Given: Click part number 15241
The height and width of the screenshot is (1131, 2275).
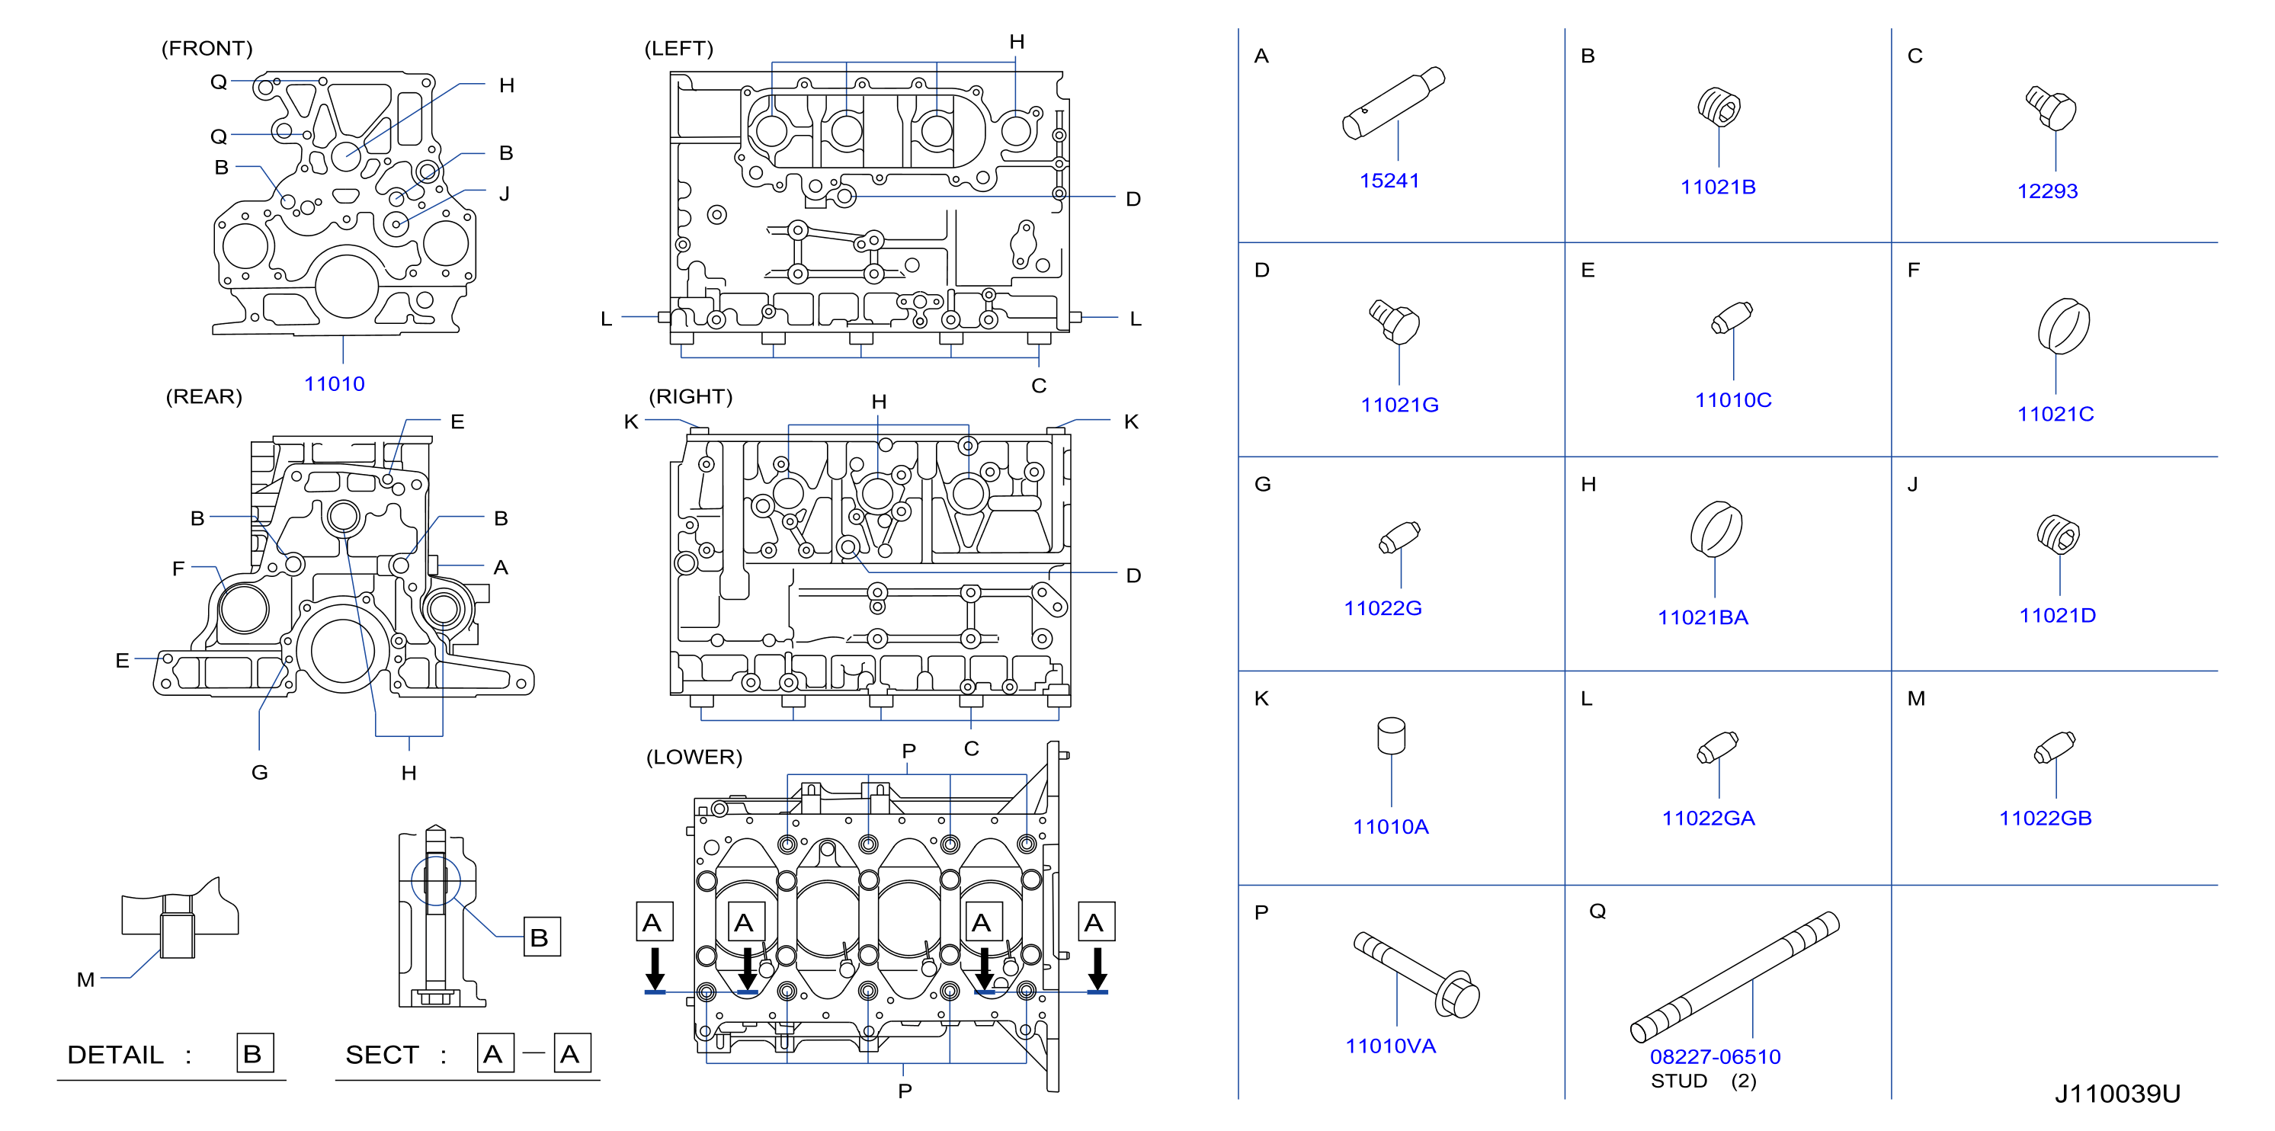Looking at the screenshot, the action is click(x=1389, y=180).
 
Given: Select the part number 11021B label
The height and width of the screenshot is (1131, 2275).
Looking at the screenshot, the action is click(x=1717, y=187).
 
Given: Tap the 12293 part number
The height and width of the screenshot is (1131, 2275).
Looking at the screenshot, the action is click(x=2046, y=191).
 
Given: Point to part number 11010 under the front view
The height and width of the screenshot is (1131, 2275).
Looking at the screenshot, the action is click(x=334, y=384).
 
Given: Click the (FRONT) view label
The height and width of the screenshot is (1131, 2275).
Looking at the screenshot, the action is click(x=207, y=49).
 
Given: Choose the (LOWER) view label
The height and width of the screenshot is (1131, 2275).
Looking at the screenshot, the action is click(x=694, y=757).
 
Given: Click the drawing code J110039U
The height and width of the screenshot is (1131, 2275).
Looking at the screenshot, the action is click(x=2117, y=1094).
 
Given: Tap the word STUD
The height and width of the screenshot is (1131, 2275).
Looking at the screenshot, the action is click(x=1679, y=1081).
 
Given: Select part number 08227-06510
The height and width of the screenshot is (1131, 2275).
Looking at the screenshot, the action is click(x=1715, y=1056).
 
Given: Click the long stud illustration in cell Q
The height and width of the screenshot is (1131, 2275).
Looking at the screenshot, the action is click(x=1735, y=976).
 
